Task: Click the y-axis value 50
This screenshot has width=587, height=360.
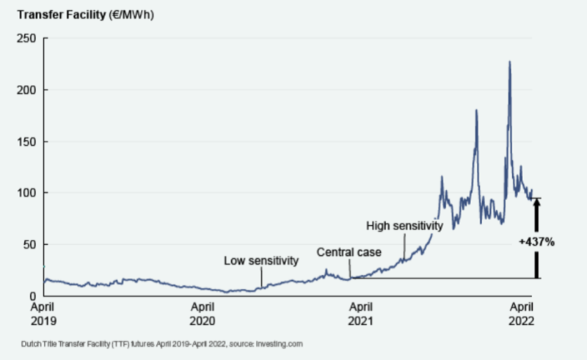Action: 29,244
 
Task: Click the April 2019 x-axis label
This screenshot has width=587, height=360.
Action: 43,314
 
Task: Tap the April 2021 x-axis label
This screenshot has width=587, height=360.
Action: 361,314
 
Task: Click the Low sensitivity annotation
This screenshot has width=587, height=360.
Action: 262,260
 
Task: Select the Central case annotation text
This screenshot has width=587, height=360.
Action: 349,252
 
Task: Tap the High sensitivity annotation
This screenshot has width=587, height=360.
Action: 405,226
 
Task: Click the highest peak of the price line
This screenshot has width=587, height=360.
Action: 509,62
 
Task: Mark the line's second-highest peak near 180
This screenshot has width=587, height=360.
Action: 476,110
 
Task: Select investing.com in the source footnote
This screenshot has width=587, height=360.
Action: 280,343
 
